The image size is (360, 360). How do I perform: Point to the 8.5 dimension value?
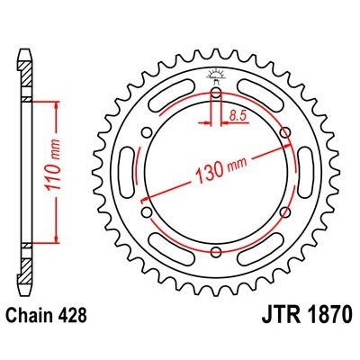point(238,113)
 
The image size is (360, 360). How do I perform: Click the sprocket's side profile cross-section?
point(27,171)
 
